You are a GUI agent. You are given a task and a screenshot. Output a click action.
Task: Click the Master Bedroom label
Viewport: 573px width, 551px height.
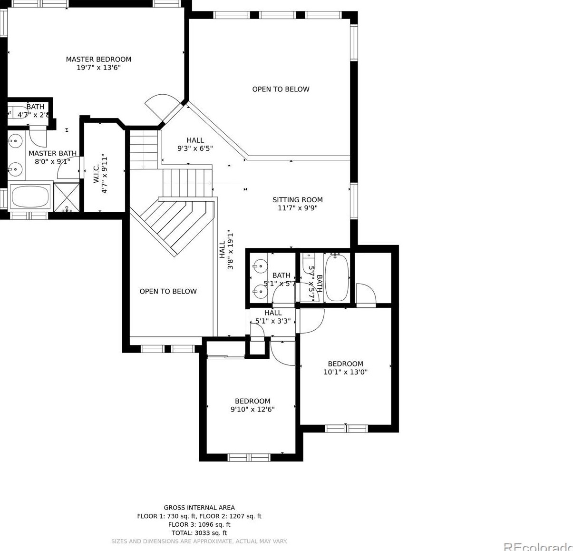pos(98,59)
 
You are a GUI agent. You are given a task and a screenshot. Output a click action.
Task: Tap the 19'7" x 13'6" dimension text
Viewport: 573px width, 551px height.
pos(98,68)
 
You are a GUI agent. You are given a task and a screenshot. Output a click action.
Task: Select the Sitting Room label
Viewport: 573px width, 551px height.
pos(297,200)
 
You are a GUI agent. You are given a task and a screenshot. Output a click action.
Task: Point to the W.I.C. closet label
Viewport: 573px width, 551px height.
pos(97,174)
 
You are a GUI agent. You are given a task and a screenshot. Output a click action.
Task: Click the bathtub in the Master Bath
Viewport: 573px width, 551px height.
pos(30,196)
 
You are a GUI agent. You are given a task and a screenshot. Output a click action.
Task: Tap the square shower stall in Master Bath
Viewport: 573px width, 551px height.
pos(67,197)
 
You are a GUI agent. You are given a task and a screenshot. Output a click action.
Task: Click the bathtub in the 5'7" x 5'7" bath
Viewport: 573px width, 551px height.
pos(337,277)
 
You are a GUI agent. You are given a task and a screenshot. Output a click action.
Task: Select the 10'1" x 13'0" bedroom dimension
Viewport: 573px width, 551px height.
pos(345,373)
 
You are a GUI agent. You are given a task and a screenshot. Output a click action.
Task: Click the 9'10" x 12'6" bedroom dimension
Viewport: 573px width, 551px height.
pos(253,410)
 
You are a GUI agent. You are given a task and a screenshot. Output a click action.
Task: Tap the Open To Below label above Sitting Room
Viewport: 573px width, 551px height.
pos(281,89)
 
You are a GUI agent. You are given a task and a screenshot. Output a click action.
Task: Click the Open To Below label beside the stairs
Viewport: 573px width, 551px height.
pos(168,291)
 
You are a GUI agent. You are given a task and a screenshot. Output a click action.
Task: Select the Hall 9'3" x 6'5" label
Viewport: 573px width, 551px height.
pos(195,144)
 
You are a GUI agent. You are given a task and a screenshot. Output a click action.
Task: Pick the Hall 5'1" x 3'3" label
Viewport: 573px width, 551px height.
pos(273,317)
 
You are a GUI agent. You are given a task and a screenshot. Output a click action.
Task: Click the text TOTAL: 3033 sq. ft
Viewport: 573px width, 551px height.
pos(199,533)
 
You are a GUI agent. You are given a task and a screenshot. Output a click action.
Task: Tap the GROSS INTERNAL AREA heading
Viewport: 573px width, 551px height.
pos(199,508)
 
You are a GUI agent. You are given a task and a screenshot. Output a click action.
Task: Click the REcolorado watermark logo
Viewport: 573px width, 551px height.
pos(537,546)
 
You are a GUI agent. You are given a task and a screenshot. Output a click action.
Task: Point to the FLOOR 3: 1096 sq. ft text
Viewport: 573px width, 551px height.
pos(199,524)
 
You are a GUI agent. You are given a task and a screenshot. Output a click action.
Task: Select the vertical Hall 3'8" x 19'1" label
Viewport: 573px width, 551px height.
pos(226,250)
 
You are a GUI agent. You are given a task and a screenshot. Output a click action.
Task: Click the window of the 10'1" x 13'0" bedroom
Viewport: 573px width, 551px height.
pos(346,429)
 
